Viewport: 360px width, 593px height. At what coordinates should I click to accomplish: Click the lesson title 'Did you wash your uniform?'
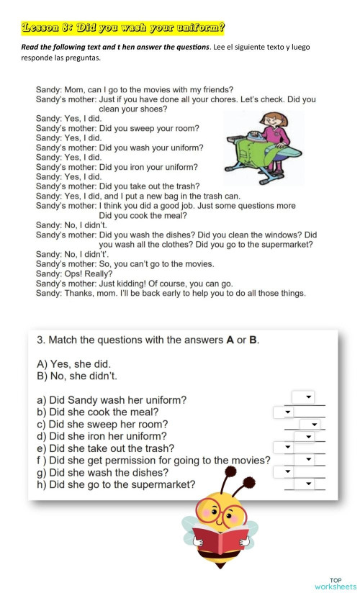(x=123, y=28)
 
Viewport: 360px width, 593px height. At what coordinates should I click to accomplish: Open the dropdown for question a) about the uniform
(x=303, y=397)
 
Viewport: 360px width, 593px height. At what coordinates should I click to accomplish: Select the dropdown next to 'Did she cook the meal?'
(x=284, y=412)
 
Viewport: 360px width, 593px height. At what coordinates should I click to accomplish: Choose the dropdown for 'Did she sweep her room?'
(x=312, y=424)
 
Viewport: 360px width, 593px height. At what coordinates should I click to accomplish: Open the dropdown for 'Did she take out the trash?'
(x=284, y=448)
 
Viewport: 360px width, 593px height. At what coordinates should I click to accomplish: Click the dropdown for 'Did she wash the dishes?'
(x=284, y=471)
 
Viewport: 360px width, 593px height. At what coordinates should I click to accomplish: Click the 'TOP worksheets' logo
(x=335, y=583)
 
